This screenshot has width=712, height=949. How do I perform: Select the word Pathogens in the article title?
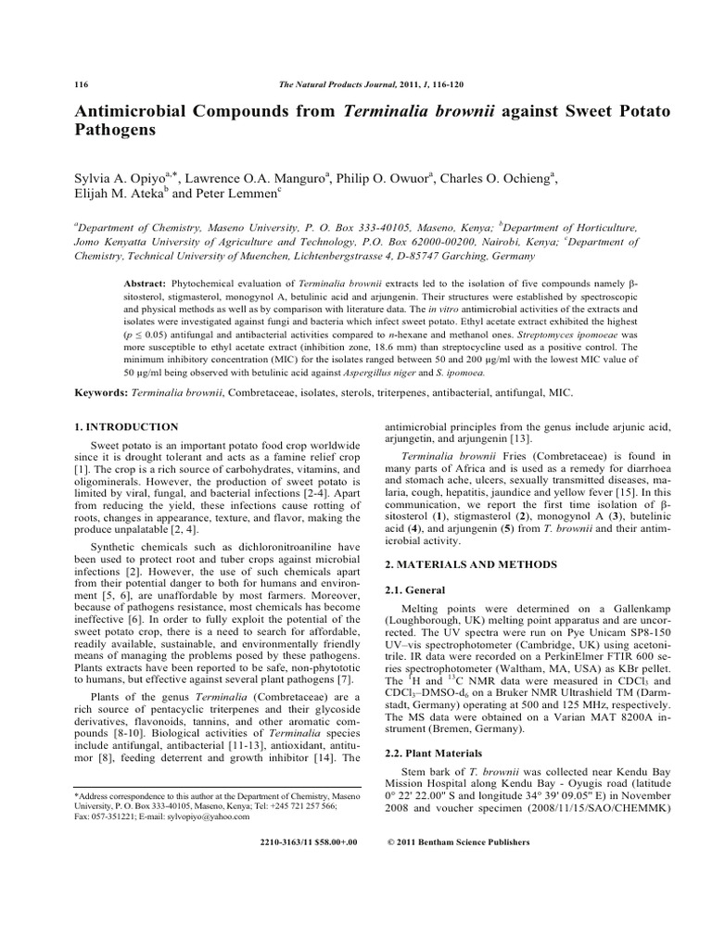[117, 132]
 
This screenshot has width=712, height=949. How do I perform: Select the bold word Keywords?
[100, 393]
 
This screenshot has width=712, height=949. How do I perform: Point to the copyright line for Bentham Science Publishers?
[457, 842]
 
